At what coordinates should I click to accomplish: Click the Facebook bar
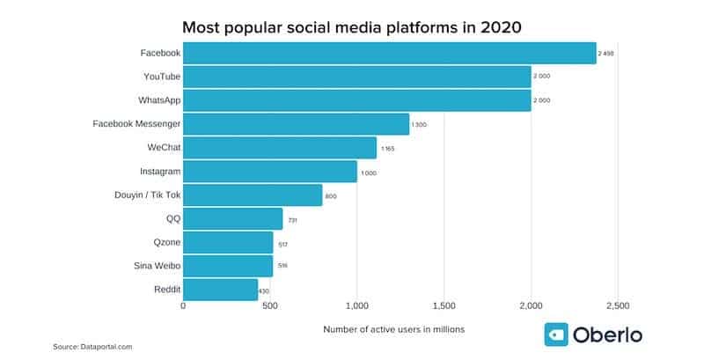point(389,53)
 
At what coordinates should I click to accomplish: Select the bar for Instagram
point(269,171)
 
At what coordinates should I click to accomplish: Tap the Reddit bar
point(220,290)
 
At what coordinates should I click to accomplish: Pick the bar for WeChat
point(279,147)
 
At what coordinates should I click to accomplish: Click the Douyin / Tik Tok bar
point(253,195)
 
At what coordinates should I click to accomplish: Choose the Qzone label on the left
point(165,242)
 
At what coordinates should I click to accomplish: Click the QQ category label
point(172,218)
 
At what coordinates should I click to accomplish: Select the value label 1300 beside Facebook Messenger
point(420,125)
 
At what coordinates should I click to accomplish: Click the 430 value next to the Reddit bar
point(264,290)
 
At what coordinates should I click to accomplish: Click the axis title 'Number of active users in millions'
point(393,328)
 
